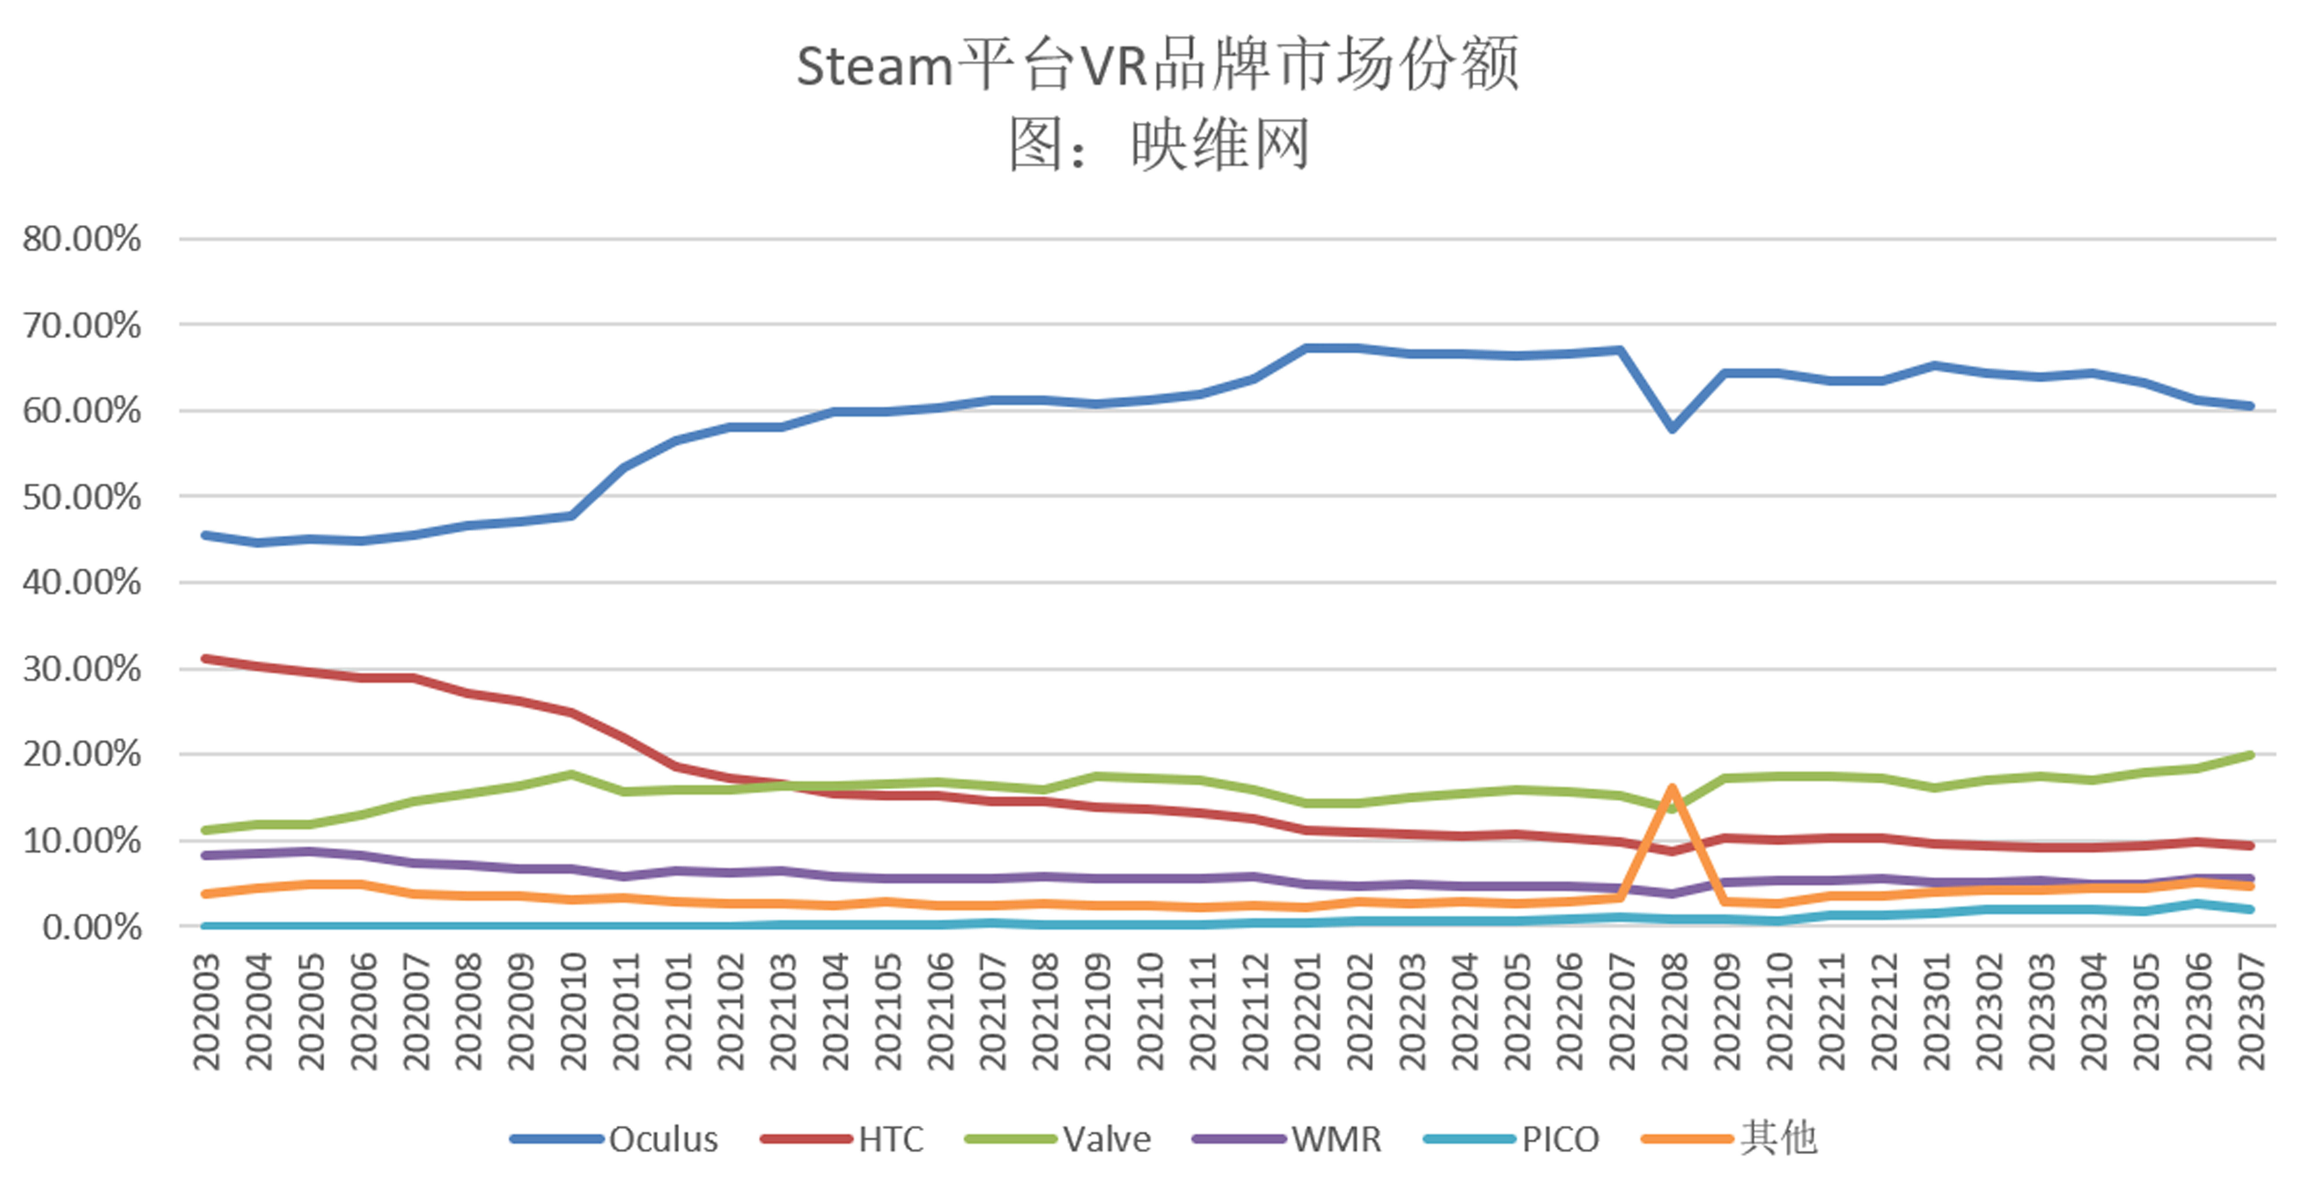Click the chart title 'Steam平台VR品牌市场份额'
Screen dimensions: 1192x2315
[1157, 65]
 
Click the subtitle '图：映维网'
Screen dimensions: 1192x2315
[1157, 144]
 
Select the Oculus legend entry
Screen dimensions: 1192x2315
[663, 1139]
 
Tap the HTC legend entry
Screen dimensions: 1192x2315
[890, 1139]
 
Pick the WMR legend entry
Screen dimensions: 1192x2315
[1335, 1139]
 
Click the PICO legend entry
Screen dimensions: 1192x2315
[1560, 1139]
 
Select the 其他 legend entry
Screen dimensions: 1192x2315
[1778, 1139]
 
